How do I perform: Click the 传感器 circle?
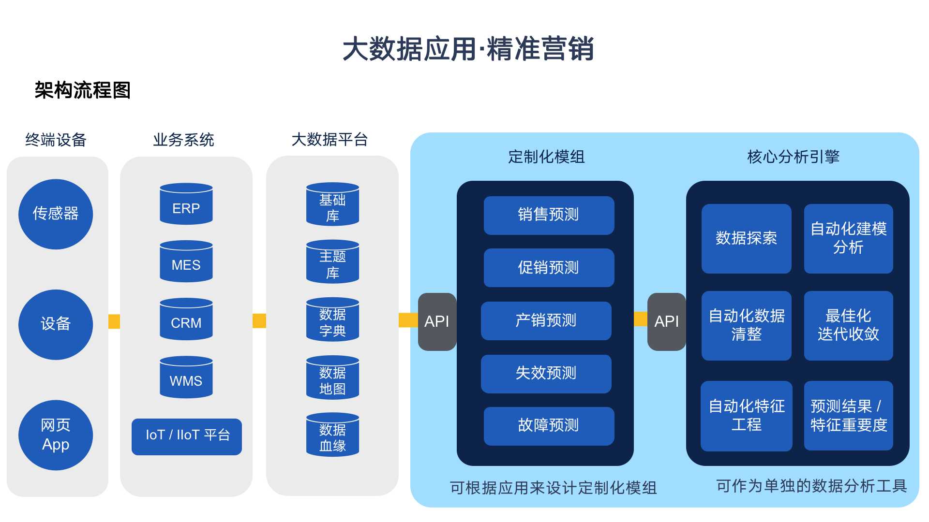coord(56,214)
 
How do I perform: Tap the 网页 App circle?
coord(56,435)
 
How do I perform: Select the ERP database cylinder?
coord(186,204)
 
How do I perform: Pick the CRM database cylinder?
coord(186,319)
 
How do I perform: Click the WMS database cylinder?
coord(186,377)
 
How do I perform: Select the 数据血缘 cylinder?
coord(332,435)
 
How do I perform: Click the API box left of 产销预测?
coord(437,321)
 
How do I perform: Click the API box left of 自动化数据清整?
coord(666,321)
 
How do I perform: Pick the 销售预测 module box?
coord(549,215)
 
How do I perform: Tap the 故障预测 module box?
coord(549,426)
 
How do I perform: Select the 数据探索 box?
coord(746,238)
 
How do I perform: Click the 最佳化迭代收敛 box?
coord(848,325)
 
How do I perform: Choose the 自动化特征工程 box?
coord(746,416)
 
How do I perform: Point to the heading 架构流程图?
coord(83,90)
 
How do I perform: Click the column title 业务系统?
coord(183,140)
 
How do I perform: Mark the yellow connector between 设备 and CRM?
coord(114,321)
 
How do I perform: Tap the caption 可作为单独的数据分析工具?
coord(811,486)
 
